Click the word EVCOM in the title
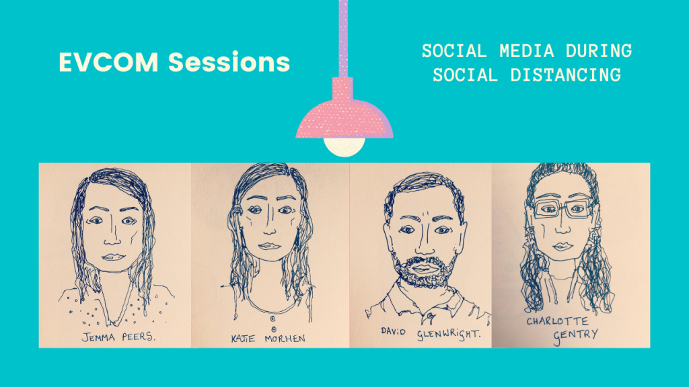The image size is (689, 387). click(108, 62)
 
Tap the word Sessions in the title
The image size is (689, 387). click(229, 62)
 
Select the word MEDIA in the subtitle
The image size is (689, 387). click(527, 51)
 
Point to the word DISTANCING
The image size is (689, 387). click(565, 75)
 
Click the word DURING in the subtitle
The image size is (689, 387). click(599, 51)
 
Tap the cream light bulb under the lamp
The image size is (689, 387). click(344, 146)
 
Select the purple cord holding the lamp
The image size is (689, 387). click(343, 38)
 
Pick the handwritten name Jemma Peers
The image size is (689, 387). click(118, 337)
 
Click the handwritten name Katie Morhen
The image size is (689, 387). click(268, 339)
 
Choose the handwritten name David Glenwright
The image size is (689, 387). click(431, 334)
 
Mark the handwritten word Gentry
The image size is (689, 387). click(576, 336)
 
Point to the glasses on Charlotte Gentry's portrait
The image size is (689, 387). click(563, 209)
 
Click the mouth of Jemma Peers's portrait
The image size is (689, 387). click(113, 257)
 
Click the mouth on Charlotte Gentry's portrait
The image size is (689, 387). click(563, 246)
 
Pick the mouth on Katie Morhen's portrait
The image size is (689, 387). click(269, 246)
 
